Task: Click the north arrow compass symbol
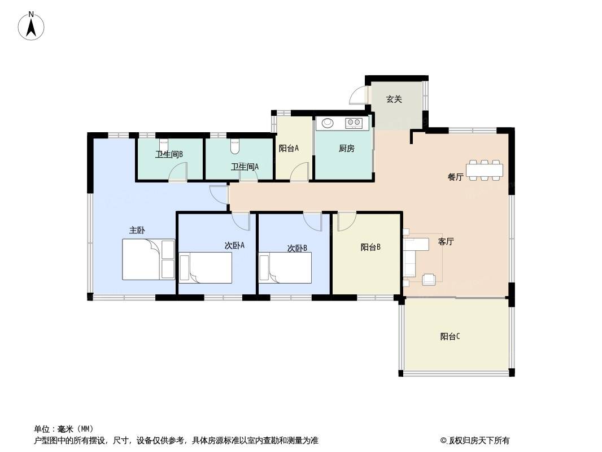(31, 26)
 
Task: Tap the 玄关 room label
(394, 99)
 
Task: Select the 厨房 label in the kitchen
(346, 148)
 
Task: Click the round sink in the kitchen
(328, 123)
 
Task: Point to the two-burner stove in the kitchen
(354, 123)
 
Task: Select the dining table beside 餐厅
(485, 169)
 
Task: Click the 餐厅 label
(455, 177)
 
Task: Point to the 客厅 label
(446, 242)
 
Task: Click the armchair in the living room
(429, 279)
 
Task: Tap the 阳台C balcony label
(450, 336)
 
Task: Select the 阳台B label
(370, 247)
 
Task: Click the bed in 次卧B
(285, 268)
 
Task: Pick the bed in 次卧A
(206, 268)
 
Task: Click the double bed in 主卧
(149, 259)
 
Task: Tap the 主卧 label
(137, 231)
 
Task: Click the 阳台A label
(289, 148)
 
